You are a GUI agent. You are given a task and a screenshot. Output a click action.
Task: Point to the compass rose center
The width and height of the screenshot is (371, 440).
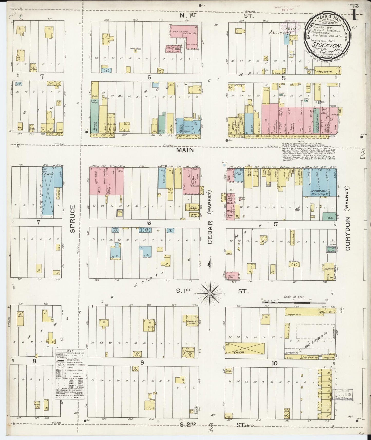tap(210, 293)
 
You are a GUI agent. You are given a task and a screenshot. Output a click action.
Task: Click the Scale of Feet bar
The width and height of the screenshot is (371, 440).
tap(294, 302)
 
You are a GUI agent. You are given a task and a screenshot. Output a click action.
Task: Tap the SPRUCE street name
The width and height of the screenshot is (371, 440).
tap(72, 218)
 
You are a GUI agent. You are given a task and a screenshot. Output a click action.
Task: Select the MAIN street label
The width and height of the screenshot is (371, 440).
tap(185, 150)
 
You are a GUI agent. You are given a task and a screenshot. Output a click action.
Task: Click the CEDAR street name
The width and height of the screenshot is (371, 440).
tap(210, 232)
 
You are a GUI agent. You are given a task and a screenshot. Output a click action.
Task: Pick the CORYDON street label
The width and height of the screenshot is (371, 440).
tap(348, 234)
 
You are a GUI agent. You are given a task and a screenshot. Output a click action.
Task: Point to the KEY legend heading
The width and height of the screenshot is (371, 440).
tap(70, 351)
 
